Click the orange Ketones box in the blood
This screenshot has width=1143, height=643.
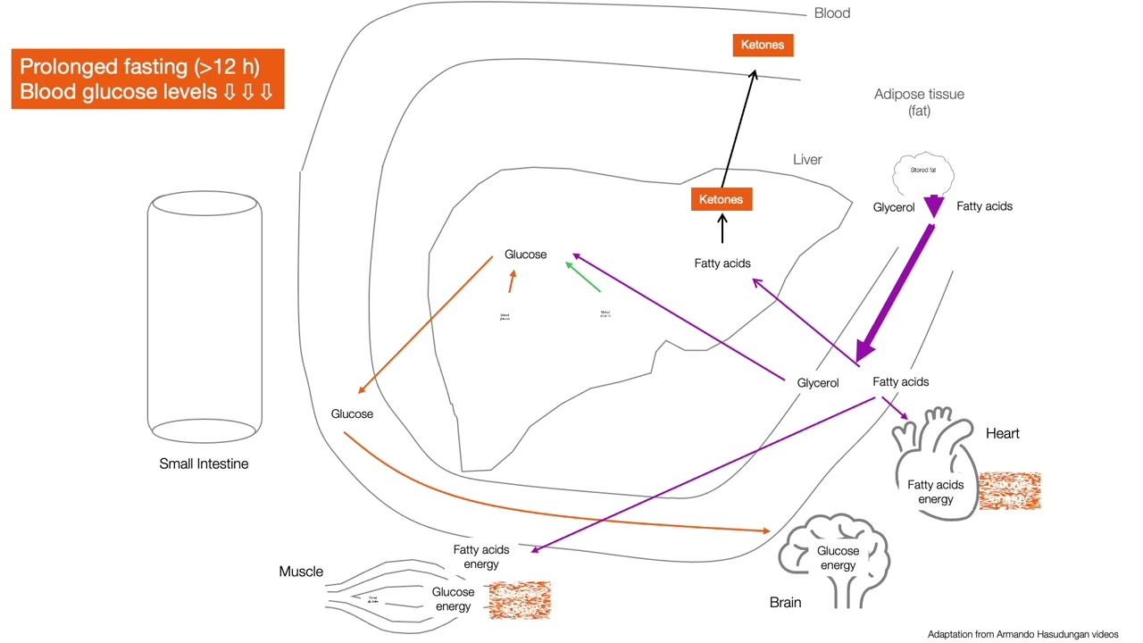(763, 45)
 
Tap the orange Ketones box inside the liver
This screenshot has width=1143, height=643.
(721, 199)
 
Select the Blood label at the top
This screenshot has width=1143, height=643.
(831, 13)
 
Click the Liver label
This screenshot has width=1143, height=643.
(807, 160)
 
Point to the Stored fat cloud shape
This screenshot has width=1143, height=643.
(923, 173)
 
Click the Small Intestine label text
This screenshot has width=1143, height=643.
(204, 463)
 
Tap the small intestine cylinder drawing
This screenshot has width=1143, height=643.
(204, 317)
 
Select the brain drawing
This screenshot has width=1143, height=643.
(834, 558)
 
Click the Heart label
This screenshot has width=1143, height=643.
(1002, 433)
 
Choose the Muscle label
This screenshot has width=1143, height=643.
(301, 572)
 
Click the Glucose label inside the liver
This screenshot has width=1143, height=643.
(525, 255)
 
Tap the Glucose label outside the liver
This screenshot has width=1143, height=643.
(352, 413)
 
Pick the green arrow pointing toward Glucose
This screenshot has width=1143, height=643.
(583, 278)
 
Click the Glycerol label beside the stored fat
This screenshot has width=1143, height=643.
(894, 207)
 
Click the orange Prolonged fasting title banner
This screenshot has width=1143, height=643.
(147, 79)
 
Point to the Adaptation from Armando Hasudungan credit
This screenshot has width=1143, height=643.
(1022, 634)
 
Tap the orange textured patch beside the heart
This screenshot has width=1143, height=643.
(1010, 490)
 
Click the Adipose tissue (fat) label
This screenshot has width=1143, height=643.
(919, 102)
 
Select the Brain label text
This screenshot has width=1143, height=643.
(785, 603)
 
